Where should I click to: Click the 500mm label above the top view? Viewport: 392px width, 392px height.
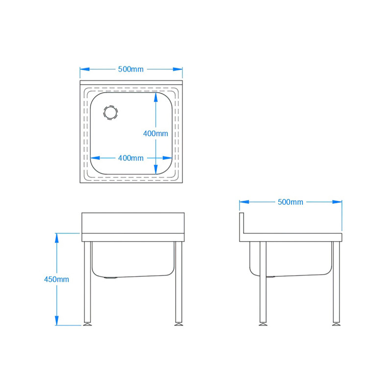point(131,69)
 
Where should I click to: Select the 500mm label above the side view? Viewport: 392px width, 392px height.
point(291,202)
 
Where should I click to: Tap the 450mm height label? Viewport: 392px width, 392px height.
point(56,279)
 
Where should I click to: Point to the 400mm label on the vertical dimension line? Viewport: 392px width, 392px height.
point(155,133)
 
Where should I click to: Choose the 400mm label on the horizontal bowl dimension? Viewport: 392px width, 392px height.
point(131,158)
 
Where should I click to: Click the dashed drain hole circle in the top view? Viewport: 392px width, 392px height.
point(110,112)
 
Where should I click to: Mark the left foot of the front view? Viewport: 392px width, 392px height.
point(88,323)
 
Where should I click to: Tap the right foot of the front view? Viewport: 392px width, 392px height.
point(179,323)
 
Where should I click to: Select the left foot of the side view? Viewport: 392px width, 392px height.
point(263,323)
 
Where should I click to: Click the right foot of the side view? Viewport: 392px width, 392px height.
point(336,323)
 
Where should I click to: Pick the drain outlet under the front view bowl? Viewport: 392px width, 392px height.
point(111,278)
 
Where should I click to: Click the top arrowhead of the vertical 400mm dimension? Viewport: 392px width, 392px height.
point(156,97)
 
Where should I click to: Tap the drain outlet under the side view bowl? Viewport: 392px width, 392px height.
point(271,277)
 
